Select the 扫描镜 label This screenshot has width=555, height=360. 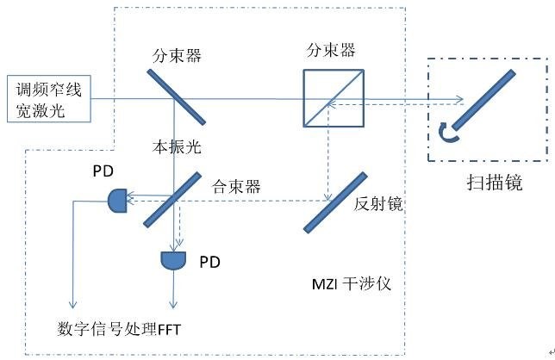(x=493, y=183)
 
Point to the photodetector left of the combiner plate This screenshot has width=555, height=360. (x=117, y=202)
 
